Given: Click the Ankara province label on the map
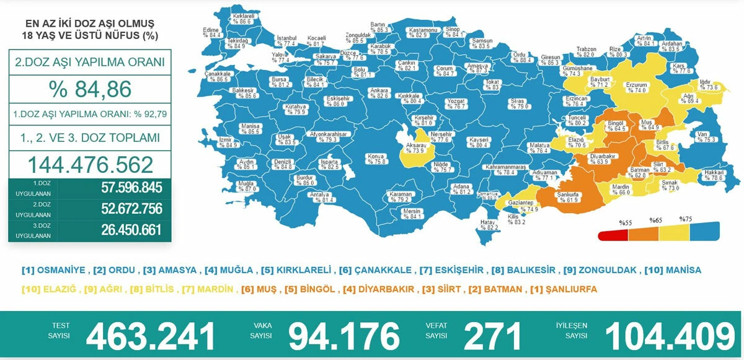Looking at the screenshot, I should pos(379,93).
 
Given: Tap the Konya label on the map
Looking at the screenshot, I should pos(376,158).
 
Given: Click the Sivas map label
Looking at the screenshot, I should pos(518,103).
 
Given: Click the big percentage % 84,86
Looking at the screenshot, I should pos(90,90).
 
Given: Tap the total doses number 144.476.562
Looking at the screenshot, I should pos(90,165).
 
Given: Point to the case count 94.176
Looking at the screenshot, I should pos(344,336).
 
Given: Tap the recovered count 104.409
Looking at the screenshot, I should pos(670,336).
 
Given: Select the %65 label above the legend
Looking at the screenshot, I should pos(656,221).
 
